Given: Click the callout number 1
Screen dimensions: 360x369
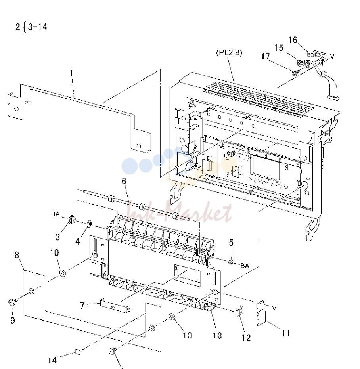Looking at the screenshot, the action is pyautogui.click(x=72, y=73).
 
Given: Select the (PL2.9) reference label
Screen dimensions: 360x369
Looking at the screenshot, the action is pyautogui.click(x=229, y=52).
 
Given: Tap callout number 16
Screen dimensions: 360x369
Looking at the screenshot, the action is pyautogui.click(x=293, y=40).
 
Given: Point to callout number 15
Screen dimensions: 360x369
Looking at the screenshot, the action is pyautogui.click(x=279, y=48).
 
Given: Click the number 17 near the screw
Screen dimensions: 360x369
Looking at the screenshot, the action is pyautogui.click(x=265, y=56).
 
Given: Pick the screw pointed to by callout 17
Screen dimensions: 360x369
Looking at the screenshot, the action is pyautogui.click(x=295, y=73).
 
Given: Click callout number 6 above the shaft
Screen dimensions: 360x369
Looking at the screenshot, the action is pyautogui.click(x=124, y=181).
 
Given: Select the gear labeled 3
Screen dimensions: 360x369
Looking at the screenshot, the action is pyautogui.click(x=72, y=220).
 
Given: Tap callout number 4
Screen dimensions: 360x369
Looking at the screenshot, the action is pyautogui.click(x=77, y=241).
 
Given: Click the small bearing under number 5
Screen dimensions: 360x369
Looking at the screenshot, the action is pyautogui.click(x=231, y=262).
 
